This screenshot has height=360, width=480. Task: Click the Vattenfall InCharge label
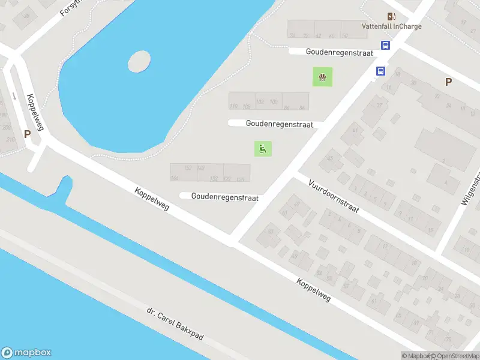391,26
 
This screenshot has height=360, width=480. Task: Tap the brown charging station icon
391,16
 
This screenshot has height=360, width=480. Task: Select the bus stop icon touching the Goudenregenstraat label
385,46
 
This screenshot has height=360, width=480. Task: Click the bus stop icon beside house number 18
380,71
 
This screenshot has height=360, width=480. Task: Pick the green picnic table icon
323,76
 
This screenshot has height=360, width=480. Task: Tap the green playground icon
262,148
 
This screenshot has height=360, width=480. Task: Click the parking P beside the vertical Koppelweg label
27,134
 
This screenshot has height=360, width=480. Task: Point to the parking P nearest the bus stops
448,82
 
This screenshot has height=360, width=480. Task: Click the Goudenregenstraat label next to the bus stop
339,52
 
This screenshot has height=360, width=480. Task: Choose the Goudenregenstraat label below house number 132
224,196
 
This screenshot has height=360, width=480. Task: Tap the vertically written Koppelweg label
35,112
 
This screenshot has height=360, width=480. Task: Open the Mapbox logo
26,353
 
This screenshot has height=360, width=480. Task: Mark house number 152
188,168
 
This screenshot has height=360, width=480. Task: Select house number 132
214,179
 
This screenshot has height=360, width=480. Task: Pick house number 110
233,106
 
